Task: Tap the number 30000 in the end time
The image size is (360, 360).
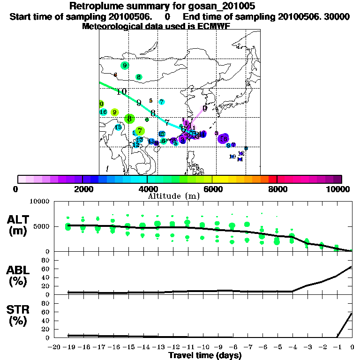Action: click(337, 17)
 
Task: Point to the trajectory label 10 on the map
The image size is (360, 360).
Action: click(121, 91)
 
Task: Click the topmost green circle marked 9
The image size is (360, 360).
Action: click(124, 66)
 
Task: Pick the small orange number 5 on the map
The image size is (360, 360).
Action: click(150, 100)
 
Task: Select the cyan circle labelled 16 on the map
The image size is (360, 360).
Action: click(104, 112)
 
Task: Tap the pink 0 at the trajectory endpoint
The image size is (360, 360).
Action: click(205, 108)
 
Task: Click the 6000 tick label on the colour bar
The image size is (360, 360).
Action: click(213, 189)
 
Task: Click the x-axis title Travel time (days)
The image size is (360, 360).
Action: click(205, 355)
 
